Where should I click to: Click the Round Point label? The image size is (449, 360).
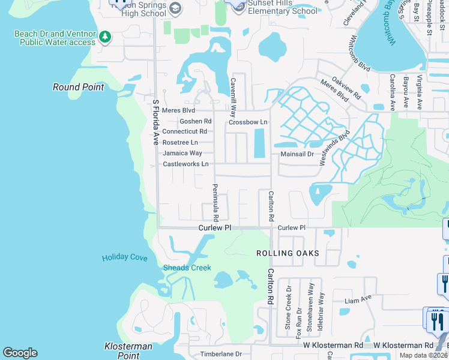coord(78,87)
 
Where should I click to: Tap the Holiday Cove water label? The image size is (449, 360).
coord(124,257)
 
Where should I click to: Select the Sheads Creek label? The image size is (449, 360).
coord(187,268)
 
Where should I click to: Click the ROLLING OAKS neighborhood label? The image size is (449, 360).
coord(288,253)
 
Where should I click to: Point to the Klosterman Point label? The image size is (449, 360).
coord(128,351)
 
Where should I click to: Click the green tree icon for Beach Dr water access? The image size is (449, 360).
coord(106,37)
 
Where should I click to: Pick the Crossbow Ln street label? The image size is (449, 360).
coord(247,122)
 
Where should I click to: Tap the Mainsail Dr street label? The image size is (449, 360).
coord(297,154)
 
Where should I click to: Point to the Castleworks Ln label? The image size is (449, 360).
coord(185,164)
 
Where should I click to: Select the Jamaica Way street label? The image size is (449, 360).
coord(182,153)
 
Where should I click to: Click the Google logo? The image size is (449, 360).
coord(20,353)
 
